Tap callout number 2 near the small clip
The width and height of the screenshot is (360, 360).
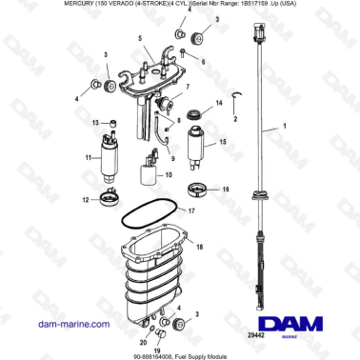(235, 120)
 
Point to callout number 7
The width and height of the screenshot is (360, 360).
(188, 87)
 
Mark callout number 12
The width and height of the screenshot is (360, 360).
(85, 200)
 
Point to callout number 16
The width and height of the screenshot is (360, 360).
(226, 190)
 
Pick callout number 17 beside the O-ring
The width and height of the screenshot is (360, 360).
(191, 210)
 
